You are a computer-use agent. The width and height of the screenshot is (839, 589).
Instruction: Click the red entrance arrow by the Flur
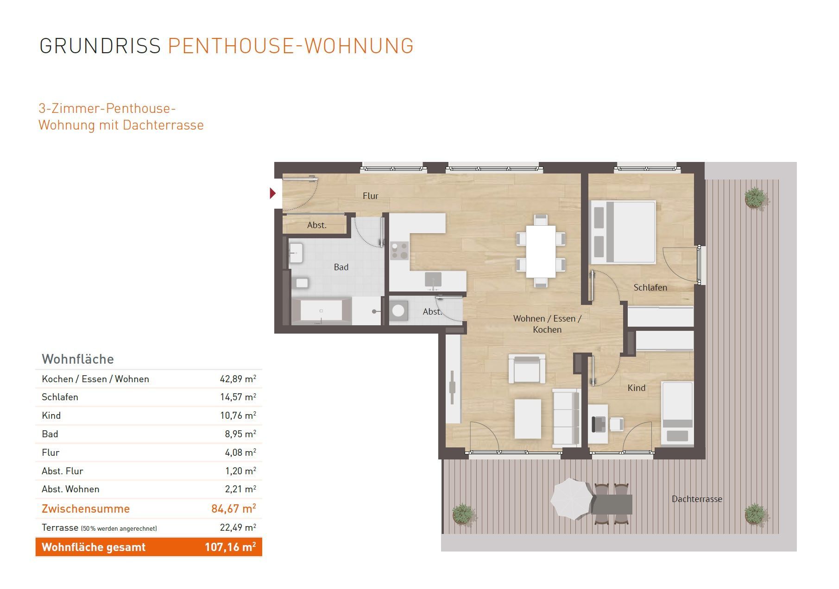coord(273,193)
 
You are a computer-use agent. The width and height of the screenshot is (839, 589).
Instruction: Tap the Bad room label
coord(341,267)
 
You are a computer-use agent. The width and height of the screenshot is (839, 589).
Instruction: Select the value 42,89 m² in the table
coord(238,379)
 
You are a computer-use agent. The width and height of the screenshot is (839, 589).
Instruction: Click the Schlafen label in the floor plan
coord(650,287)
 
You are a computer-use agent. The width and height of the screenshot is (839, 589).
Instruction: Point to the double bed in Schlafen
coord(623,232)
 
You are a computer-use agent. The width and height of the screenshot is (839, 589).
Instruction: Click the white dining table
coord(541,251)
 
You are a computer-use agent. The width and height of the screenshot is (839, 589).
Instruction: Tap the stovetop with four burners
coord(399,250)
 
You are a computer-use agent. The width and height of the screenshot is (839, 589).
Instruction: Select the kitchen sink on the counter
coord(433,279)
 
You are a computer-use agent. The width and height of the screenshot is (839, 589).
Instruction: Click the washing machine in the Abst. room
coord(398,310)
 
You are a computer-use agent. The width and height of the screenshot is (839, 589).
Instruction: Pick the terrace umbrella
coord(571,499)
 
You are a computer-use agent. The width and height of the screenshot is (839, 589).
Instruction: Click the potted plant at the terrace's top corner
coord(755,198)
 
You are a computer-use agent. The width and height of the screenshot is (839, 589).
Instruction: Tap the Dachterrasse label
coord(697,499)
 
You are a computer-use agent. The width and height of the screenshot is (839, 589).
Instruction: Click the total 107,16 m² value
coord(230,547)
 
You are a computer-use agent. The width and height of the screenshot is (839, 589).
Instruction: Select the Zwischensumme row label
coord(86,508)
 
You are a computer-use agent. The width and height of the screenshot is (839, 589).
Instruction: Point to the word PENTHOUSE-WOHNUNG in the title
coord(290,46)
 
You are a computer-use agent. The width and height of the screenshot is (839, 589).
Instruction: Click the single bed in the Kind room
coord(677,413)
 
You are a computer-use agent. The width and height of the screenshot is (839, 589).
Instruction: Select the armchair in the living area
coord(527,369)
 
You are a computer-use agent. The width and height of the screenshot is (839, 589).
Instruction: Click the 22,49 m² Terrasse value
coord(238,527)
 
